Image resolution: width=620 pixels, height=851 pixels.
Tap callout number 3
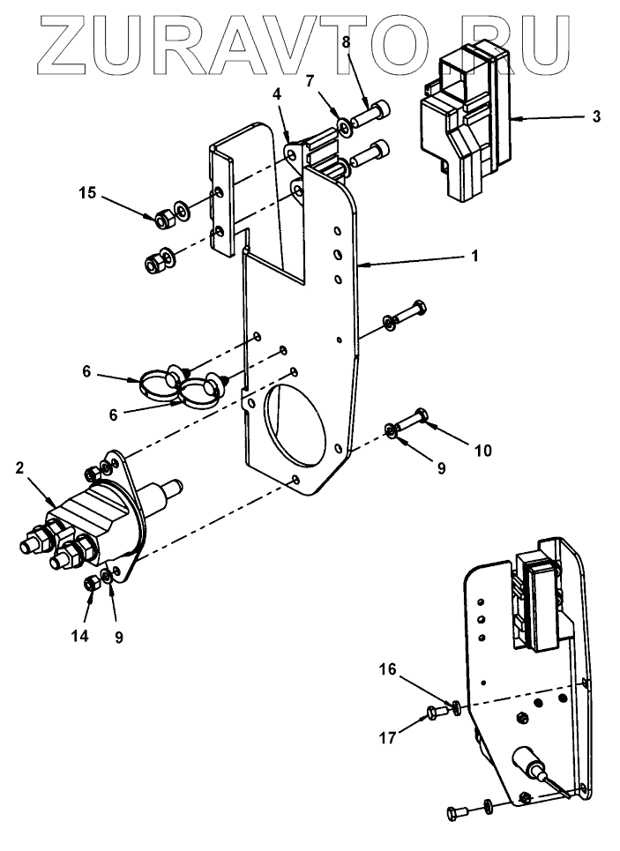596,116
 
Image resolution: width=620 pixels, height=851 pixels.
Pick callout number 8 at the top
346,41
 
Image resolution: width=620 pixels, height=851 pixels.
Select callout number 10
482,451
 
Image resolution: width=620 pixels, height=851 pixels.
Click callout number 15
86,191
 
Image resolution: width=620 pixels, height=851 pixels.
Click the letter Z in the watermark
65,45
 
